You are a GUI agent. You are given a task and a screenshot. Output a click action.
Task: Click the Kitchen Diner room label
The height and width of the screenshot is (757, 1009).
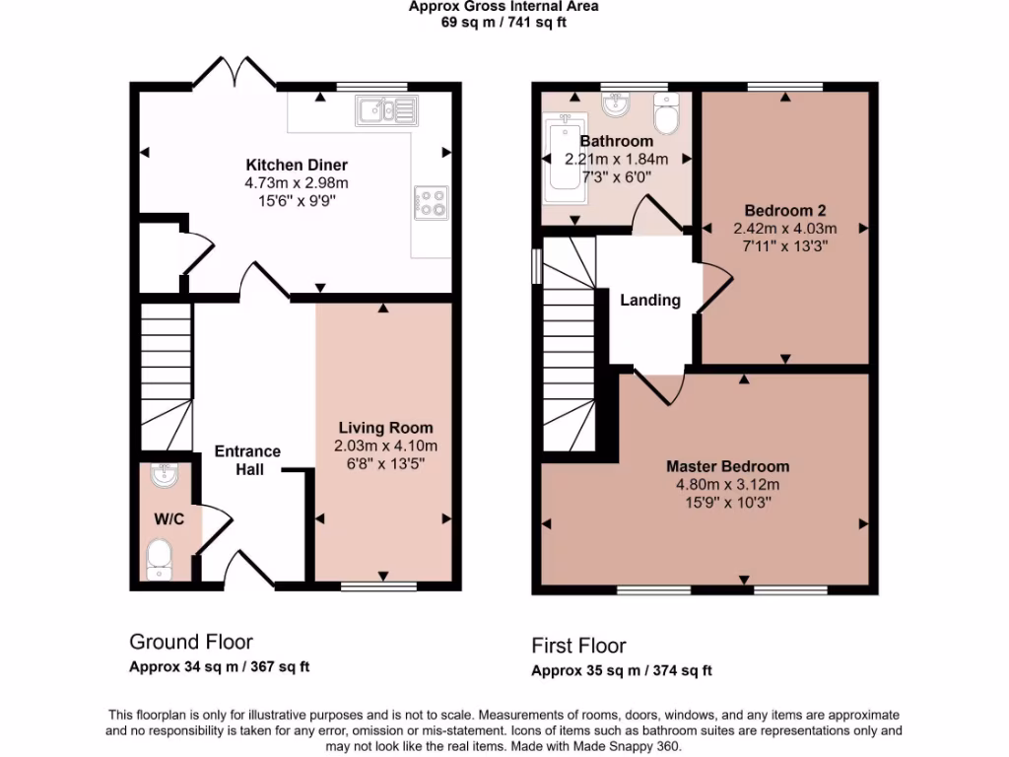296,165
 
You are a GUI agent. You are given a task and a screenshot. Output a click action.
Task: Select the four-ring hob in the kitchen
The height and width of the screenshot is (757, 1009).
432,202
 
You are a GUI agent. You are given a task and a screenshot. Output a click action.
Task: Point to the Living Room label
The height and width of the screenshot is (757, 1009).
385,428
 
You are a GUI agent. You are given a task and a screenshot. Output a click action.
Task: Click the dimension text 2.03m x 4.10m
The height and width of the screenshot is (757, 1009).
385,446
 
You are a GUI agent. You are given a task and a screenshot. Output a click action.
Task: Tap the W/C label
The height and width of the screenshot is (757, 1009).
164,518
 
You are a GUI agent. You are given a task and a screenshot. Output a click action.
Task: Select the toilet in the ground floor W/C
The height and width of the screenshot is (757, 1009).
159,559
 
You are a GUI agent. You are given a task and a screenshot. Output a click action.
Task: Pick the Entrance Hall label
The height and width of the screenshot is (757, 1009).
248,460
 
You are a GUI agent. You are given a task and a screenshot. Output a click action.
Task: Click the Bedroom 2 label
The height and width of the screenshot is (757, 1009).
784,210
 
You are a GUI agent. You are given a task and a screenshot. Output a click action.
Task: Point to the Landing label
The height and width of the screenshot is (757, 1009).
649,300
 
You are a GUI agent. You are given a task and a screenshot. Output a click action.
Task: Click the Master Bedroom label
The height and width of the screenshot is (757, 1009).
727,466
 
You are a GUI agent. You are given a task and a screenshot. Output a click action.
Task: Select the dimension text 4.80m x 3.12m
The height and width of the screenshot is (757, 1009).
727,484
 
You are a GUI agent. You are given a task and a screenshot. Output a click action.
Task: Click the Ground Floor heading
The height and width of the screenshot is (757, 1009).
191,642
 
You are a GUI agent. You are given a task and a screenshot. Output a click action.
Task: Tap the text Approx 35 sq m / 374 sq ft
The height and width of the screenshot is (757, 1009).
621,671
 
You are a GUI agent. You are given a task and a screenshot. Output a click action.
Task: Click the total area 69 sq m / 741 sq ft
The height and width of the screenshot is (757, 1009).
504,23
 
